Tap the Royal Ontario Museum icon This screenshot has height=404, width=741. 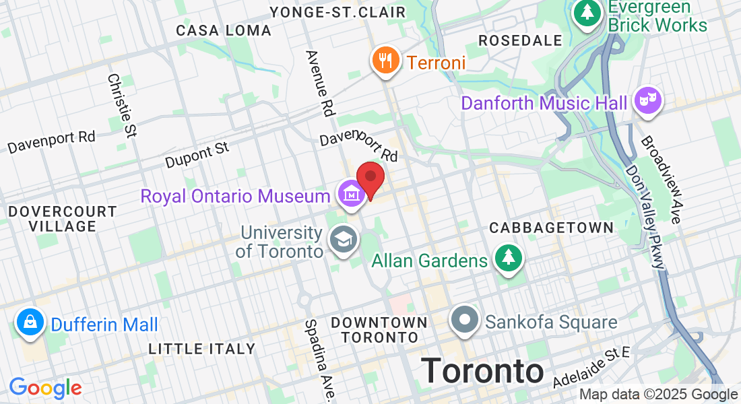click(351, 194)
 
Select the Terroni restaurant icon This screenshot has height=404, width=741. click(385, 61)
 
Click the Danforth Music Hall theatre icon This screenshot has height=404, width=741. click(648, 101)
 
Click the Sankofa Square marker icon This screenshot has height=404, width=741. click(465, 320)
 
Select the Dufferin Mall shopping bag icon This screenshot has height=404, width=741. click(30, 323)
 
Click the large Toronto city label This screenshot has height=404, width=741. click(482, 371)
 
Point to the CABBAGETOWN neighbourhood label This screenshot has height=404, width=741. click(552, 228)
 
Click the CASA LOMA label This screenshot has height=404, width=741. click(224, 31)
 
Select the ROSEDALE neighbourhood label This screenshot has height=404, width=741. click(520, 40)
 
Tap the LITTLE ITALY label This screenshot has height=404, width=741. click(202, 349)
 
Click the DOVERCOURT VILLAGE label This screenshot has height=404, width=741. click(63, 219)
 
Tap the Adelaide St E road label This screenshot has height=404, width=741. click(591, 368)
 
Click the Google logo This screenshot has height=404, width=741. click(45, 387)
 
